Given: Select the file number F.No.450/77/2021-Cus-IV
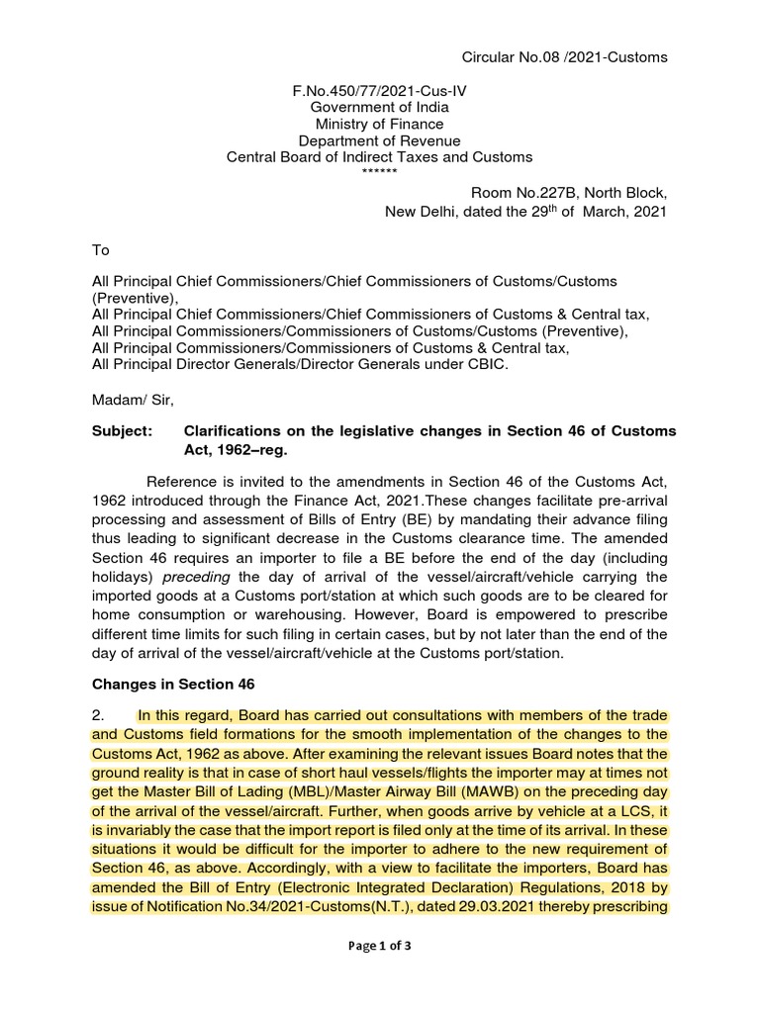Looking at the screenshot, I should click(379, 90).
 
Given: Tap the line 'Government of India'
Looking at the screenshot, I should click(379, 107).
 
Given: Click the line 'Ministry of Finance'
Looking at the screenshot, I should click(379, 124).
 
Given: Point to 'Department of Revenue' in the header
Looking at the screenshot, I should click(379, 140).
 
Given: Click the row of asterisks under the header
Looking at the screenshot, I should click(379, 172).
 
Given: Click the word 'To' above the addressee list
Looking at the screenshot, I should click(100, 251).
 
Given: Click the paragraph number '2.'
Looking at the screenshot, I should click(99, 715).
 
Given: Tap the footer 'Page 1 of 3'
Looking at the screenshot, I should click(379, 945).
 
